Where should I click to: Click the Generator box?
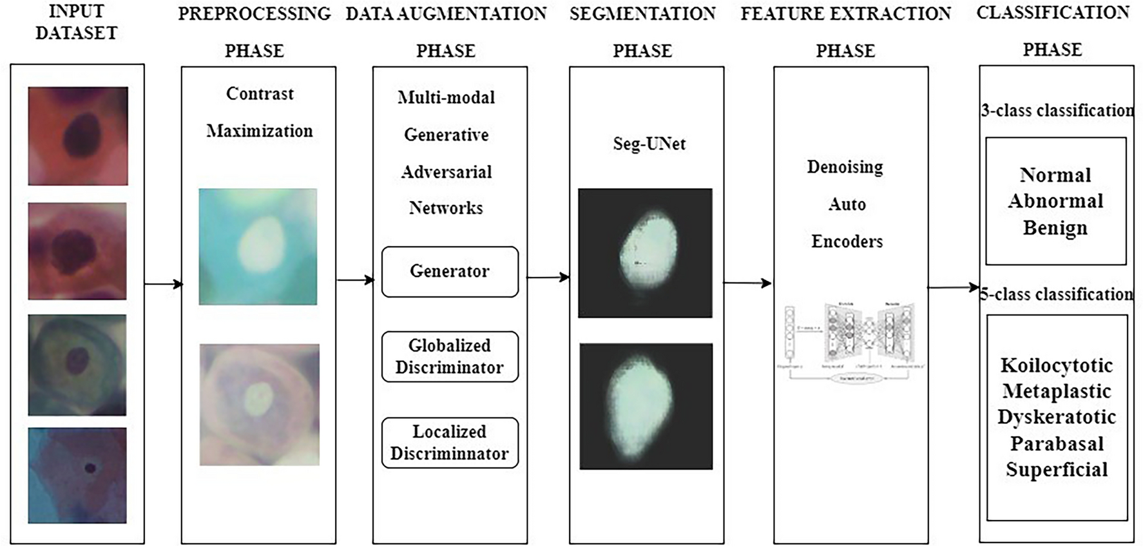point(450,271)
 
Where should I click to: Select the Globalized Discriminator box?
point(450,356)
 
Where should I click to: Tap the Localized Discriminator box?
point(450,443)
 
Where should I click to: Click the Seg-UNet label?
point(649,144)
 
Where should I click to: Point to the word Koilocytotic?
point(1057,365)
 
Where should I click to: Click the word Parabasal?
point(1057,443)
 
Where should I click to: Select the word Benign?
point(1055,227)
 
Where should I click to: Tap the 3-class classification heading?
point(1057,110)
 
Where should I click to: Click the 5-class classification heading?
point(1057,294)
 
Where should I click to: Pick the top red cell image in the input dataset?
point(78,136)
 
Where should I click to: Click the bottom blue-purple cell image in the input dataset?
point(77,475)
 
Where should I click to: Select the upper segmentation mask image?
point(645,253)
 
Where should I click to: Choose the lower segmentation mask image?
point(646,406)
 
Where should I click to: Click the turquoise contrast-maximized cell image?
point(258,246)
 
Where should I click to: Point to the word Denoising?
point(845,167)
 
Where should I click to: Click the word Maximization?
point(259,131)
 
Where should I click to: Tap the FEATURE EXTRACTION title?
point(845,14)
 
